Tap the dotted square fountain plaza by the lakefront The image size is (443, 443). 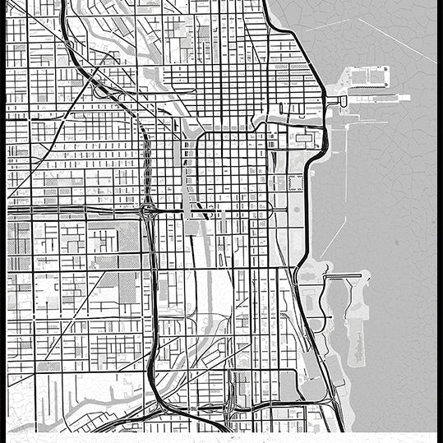295,182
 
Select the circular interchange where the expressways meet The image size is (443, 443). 149,212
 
